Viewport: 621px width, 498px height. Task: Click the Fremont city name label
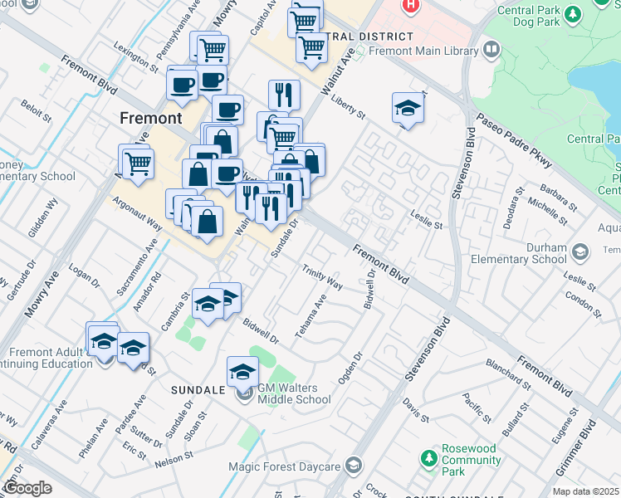(150, 118)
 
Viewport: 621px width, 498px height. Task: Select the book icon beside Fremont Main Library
(491, 51)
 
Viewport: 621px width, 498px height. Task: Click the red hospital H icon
(408, 5)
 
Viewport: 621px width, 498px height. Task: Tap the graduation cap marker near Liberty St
(407, 109)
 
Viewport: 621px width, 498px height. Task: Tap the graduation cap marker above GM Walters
(242, 371)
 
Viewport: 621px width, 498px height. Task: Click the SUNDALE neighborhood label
(198, 389)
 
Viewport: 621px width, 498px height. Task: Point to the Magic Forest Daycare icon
(355, 464)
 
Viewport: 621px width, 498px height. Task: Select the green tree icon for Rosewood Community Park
(428, 457)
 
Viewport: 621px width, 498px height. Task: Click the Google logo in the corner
(28, 487)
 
